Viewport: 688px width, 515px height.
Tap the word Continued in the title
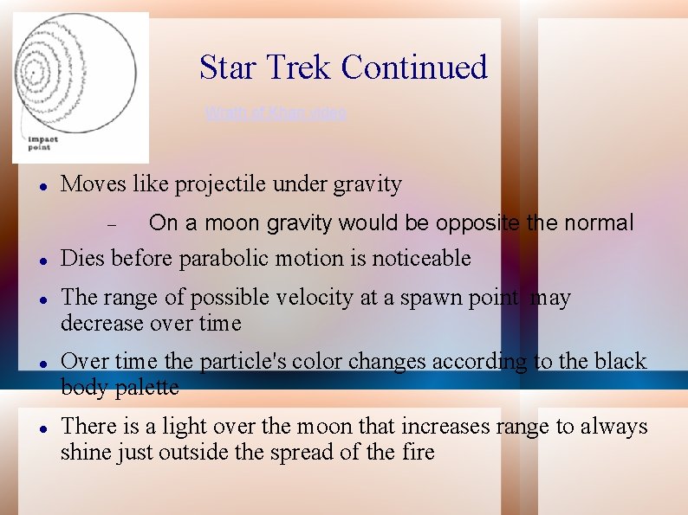point(414,68)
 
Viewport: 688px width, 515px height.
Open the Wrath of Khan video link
point(276,113)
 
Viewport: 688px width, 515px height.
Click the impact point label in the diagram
point(39,144)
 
